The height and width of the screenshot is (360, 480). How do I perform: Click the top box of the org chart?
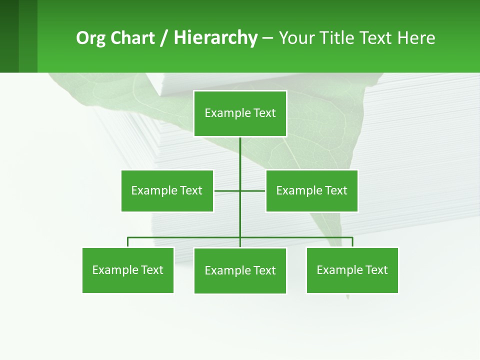pos(240,113)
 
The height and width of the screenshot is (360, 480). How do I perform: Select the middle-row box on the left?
pos(167,190)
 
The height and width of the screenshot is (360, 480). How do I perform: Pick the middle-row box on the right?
pos(311,190)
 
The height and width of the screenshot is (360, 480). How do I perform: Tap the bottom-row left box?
pos(128,270)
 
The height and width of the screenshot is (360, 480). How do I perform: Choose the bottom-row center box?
pos(240,270)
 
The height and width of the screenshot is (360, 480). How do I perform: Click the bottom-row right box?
pos(352,270)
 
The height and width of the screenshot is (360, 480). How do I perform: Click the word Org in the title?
pos(90,38)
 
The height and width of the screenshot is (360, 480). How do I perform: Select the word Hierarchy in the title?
pos(215,38)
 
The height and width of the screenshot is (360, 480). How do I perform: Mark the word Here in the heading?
pos(416,38)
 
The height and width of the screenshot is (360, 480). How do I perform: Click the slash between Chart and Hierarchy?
pos(164,38)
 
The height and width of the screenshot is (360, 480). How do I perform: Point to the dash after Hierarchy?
pos(267,38)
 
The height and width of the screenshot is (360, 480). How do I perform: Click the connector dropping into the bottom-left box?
pos(128,242)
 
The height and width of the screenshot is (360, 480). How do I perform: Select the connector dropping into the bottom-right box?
pos(352,242)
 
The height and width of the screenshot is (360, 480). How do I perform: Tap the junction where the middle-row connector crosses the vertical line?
pos(240,190)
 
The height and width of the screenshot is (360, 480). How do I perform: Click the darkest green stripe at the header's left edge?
pos(9,36)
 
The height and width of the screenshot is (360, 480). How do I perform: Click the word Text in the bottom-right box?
pos(376,270)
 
